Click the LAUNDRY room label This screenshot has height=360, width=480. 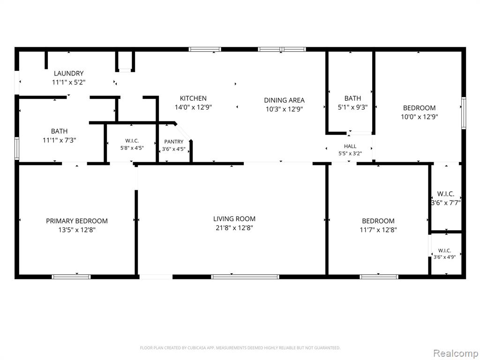coord(68,74)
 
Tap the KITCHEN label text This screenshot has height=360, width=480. coord(193,98)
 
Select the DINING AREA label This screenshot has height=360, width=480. coord(284,100)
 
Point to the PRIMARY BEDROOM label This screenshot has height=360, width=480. coord(77,221)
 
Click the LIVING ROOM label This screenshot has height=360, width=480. coord(234,219)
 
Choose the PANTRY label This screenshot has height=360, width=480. coord(173,142)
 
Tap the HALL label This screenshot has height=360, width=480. coord(350,146)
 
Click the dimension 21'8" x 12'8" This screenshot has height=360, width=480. coord(234,228)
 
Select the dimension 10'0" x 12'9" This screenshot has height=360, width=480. coord(420,117)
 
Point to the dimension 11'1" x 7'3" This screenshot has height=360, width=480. coord(59,141)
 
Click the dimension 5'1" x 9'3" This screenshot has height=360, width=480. coord(352,107)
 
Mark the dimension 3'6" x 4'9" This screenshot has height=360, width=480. coord(444,257)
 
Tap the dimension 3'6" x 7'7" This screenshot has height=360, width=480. coord(446,203)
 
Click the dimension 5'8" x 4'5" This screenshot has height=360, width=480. coord(132,148)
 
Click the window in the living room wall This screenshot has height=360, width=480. coord(245,277)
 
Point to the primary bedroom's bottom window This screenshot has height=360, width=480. coord(71,277)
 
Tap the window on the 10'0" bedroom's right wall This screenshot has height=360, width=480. coord(464,113)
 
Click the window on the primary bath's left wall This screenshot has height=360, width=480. coord(17,148)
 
